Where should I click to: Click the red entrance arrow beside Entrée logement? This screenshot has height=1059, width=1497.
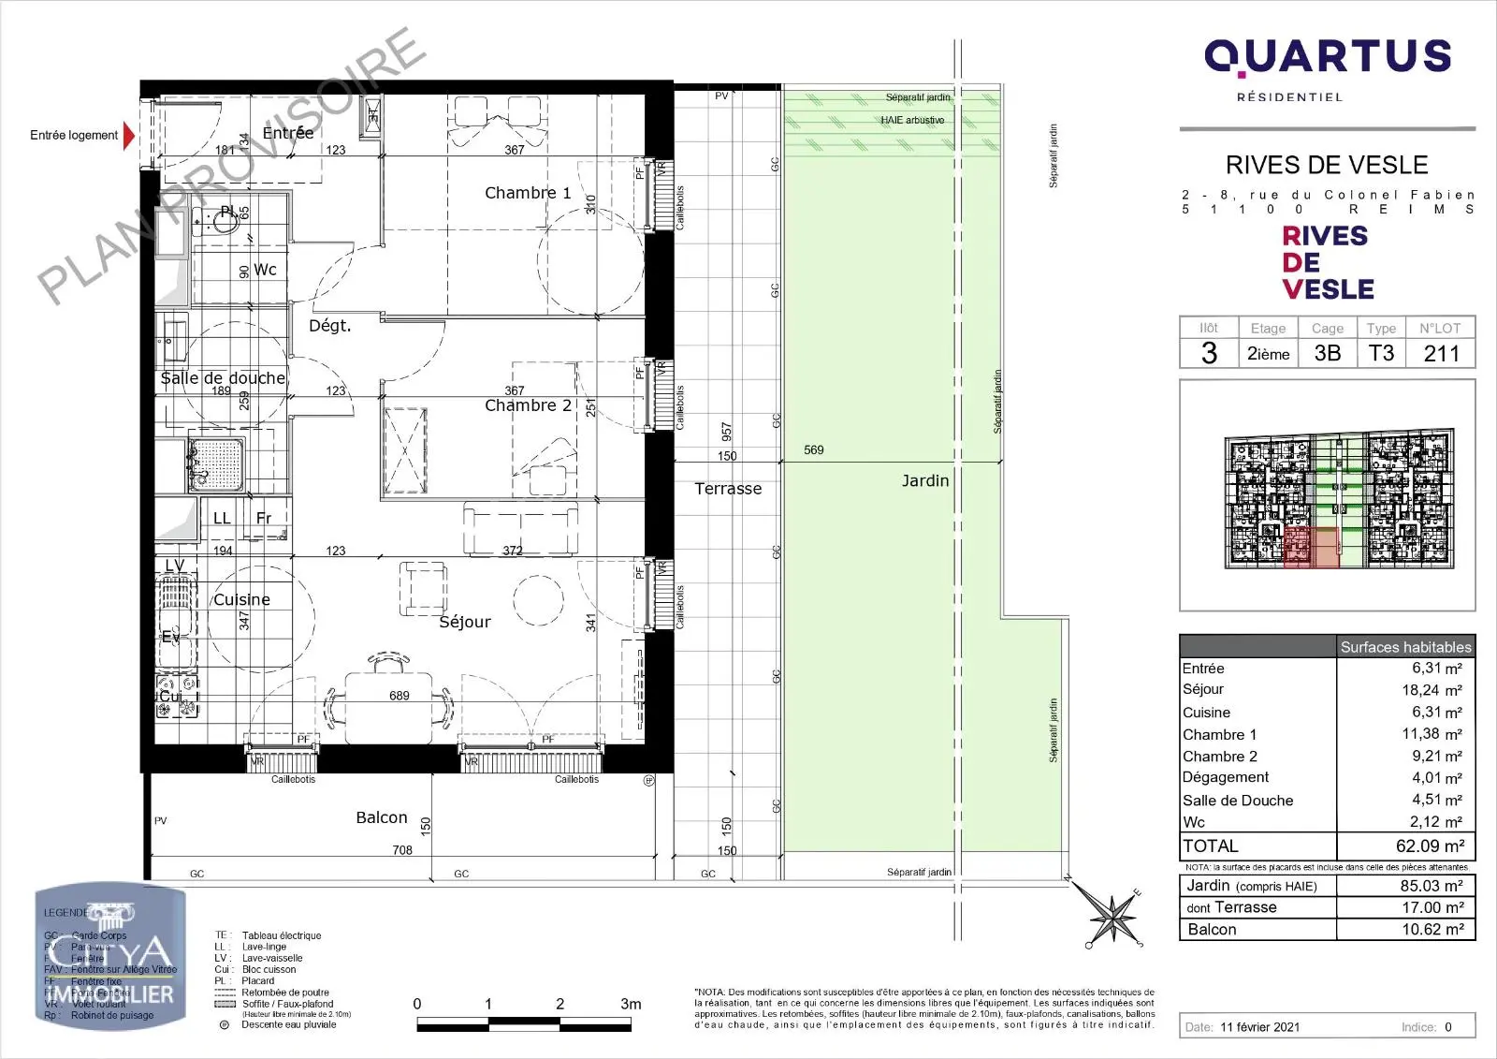[129, 136]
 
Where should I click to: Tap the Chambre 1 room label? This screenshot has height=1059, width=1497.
[527, 193]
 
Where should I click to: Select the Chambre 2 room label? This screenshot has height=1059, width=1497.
[528, 405]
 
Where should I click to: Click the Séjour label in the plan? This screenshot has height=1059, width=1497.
[464, 622]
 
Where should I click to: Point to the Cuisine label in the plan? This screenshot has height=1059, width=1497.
[241, 600]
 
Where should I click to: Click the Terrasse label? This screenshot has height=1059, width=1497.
[728, 489]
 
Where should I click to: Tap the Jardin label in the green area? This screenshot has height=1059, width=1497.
[924, 480]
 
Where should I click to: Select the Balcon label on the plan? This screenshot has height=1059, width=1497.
[382, 817]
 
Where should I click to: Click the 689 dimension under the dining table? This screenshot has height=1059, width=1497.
[400, 696]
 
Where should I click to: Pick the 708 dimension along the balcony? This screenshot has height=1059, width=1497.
[402, 850]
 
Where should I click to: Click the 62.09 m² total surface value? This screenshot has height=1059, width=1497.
[1430, 846]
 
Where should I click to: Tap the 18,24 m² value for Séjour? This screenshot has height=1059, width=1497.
[1432, 690]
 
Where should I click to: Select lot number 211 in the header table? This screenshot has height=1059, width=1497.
[1441, 354]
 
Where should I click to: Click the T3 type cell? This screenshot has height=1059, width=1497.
[1381, 354]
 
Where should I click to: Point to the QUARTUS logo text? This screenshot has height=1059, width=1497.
[1327, 57]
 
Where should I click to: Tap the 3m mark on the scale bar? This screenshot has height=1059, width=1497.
[631, 1005]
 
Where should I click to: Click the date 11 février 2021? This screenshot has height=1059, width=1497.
[1259, 1027]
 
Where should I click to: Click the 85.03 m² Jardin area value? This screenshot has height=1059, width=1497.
[1431, 886]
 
